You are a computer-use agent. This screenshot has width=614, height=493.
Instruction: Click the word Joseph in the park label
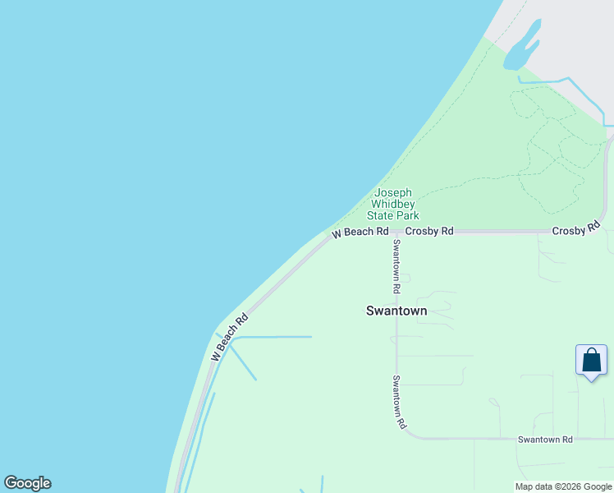click(393, 192)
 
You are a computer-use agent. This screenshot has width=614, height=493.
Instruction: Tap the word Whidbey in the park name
click(393, 204)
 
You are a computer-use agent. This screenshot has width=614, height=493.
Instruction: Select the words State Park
click(393, 215)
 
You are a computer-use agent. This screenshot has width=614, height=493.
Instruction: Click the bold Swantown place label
click(396, 311)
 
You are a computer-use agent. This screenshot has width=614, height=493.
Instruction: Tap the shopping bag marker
click(591, 360)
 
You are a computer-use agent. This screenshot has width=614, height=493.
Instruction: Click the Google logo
click(27, 483)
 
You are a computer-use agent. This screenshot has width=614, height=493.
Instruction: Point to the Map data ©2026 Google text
click(563, 486)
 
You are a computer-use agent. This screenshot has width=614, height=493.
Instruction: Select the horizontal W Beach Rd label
click(360, 233)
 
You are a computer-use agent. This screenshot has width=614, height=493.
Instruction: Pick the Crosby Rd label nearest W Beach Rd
click(428, 232)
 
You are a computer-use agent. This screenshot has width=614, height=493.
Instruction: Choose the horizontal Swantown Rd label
click(545, 440)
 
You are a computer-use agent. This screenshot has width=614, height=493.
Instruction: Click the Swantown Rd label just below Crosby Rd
click(396, 266)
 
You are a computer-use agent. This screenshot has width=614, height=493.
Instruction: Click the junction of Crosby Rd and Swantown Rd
click(396, 233)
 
